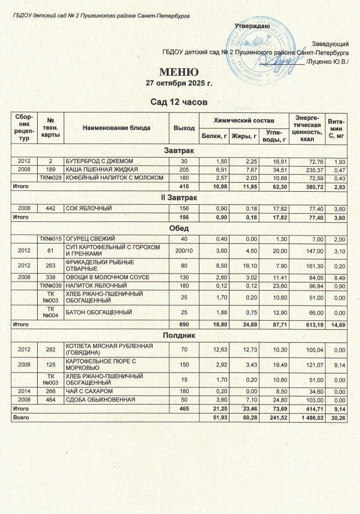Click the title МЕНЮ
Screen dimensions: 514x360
click(179, 71)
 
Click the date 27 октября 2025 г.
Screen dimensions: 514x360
click(179, 83)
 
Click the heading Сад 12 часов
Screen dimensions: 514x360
click(179, 102)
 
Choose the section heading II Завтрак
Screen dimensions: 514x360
click(179, 198)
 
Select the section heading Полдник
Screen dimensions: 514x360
click(179, 334)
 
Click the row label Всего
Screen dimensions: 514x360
click(21, 418)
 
